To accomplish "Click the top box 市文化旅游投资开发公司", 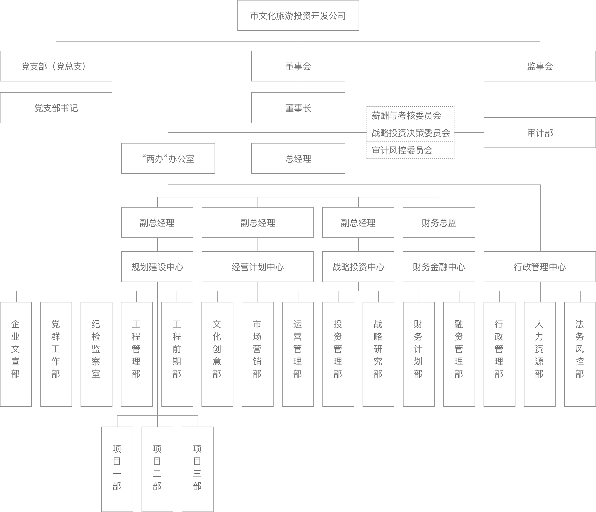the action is pos(298,15).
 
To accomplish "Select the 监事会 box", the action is pos(540,66).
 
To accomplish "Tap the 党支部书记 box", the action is pos(56,108).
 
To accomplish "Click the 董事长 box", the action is pos(298,108).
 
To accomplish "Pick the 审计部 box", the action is pos(540,133).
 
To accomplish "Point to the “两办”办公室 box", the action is pos(168,158).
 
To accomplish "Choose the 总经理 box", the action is pos(298,158).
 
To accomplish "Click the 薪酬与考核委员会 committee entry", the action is pos(410,115).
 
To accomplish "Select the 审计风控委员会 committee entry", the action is pos(410,150).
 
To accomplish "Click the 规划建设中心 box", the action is pos(157,267).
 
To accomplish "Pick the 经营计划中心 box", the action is pos(258,267).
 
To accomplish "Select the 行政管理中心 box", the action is pos(540,267).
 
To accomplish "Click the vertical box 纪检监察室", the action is pos(96,354).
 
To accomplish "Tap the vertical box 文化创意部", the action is pos(217,354).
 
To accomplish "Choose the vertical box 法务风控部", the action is pos(580,354).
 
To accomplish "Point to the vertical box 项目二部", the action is pos(157,469).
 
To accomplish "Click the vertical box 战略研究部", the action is pos(378,354).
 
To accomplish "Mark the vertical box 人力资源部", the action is pos(540,354).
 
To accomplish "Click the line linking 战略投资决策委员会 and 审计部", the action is pos(469,133).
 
